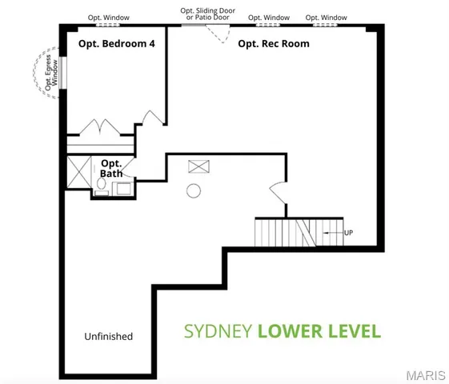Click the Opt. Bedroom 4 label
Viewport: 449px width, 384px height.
[116, 45]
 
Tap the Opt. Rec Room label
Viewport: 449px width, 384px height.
[275, 43]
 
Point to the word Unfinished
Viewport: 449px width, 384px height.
[108, 336]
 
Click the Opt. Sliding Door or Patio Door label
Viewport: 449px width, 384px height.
[206, 14]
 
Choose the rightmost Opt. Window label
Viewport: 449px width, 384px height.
[325, 17]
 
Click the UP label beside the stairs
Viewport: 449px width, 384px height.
[348, 232]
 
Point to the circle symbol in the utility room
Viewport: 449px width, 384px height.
[193, 190]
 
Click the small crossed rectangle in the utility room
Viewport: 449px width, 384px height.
[196, 166]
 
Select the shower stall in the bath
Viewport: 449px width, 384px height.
[79, 172]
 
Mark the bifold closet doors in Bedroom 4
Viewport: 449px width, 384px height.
[100, 127]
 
